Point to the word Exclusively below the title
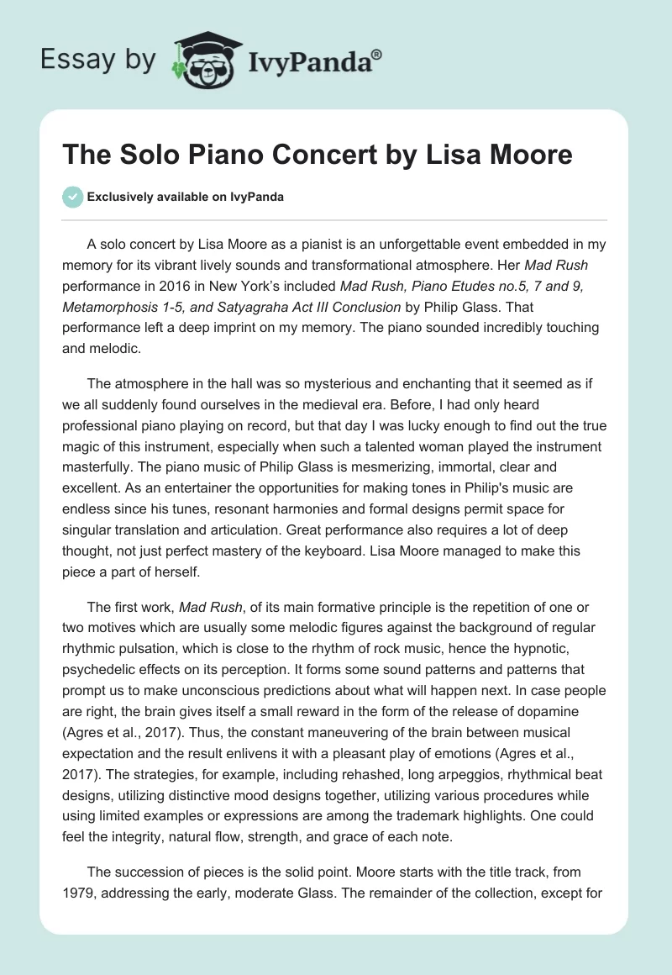pyautogui.click(x=120, y=197)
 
